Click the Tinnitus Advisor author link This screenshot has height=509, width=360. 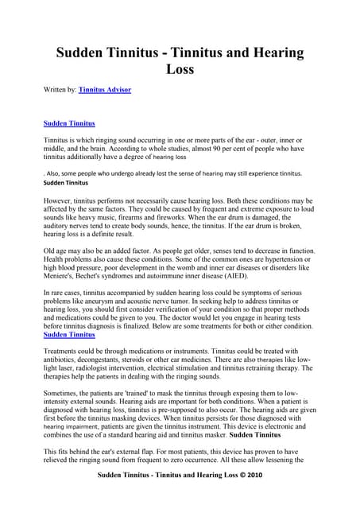click(x=105, y=91)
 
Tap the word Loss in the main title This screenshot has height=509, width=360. click(x=180, y=69)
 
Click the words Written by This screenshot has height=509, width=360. click(x=60, y=91)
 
